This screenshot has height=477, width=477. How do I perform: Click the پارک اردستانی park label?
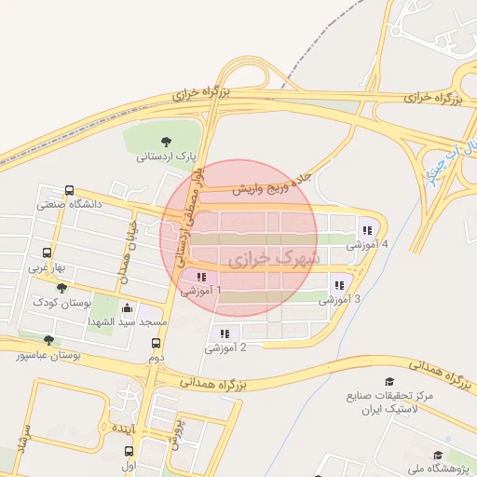pos(167,157)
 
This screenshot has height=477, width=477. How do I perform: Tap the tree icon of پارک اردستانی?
pos(166,142)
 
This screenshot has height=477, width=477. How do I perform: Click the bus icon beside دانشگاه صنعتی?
pos(70,188)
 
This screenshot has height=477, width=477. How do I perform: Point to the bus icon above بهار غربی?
pos(48,252)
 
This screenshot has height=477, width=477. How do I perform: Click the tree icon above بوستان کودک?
pos(61,288)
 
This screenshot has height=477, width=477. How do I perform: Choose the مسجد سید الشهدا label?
pos(128,321)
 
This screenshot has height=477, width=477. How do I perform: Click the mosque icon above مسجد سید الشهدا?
pos(127,307)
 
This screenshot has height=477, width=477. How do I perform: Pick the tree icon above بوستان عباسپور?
pos(49,341)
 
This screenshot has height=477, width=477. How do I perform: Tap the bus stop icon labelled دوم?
pos(156,343)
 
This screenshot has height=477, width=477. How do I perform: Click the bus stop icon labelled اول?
pos(129,451)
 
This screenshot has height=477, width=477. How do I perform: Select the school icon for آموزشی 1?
pos(201,277)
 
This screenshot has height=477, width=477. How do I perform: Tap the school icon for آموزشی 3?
pos(339,285)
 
